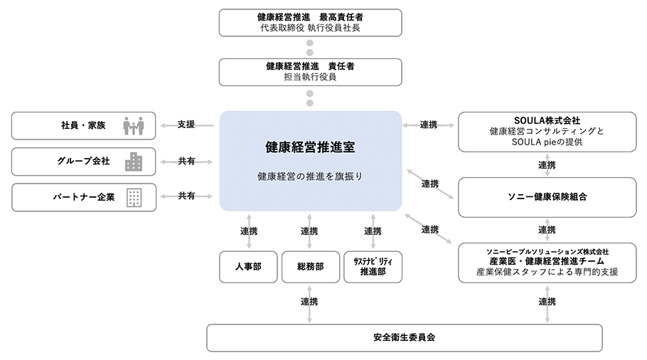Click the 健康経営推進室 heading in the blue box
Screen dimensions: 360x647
[x=310, y=148]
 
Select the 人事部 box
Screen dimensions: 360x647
[x=247, y=267]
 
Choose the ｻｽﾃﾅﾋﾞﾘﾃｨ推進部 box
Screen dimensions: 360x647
[x=373, y=267]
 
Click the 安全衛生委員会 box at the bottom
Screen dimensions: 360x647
[x=404, y=337]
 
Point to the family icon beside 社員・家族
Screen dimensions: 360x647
[x=133, y=126]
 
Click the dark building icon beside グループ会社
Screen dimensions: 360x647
[x=133, y=162]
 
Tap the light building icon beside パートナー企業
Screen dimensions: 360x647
[x=133, y=197]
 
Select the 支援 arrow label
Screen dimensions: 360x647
[x=186, y=125]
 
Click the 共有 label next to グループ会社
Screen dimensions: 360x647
[x=186, y=162]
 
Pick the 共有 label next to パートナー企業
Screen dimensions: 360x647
[x=186, y=196]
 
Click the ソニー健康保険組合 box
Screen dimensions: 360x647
[x=546, y=196]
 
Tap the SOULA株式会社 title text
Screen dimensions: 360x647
[x=546, y=120]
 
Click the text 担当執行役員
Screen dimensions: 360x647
[x=310, y=77]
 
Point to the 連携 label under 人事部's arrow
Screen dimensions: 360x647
[x=247, y=231]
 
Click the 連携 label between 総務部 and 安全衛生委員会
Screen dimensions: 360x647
[x=309, y=302]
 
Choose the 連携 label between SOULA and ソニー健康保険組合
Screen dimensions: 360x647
[x=546, y=165]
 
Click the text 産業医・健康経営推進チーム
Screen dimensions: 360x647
[x=546, y=261]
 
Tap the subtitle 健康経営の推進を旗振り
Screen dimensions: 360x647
[x=310, y=176]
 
